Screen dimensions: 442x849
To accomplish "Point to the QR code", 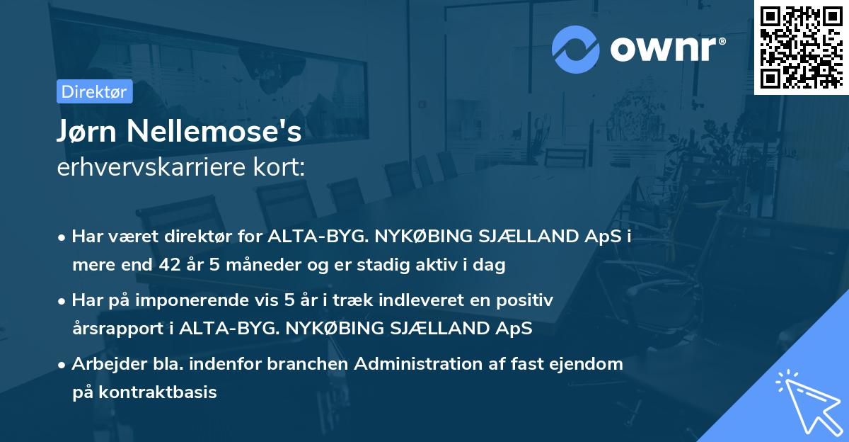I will click(801, 47).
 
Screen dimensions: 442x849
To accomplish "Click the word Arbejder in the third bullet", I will click(105, 364).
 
